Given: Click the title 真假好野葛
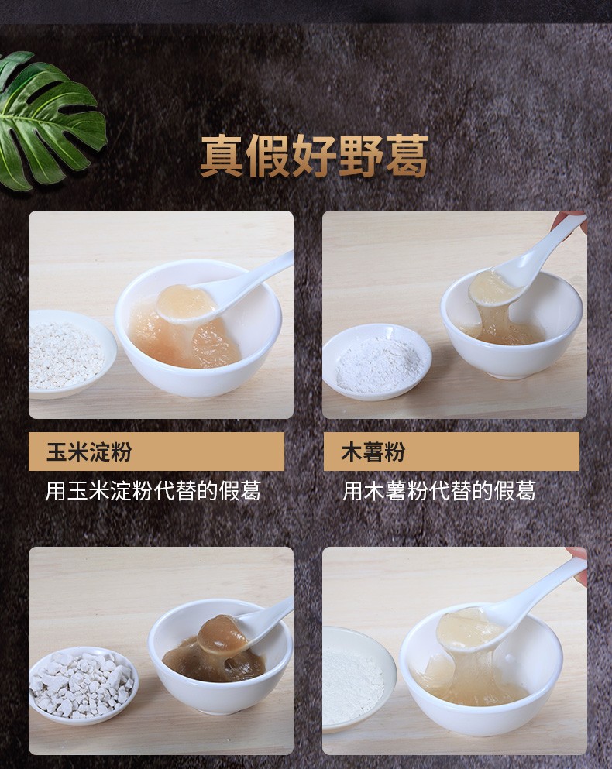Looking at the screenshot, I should click(314, 157).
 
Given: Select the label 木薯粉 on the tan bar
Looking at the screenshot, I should click(373, 452).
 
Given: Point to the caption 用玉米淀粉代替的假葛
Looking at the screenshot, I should click(153, 490).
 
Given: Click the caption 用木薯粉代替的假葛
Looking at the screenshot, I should click(439, 490).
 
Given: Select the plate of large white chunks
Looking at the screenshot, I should click(80, 683).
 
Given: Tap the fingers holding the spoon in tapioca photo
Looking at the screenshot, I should click(574, 220).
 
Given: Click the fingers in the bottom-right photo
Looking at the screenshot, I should click(576, 554).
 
